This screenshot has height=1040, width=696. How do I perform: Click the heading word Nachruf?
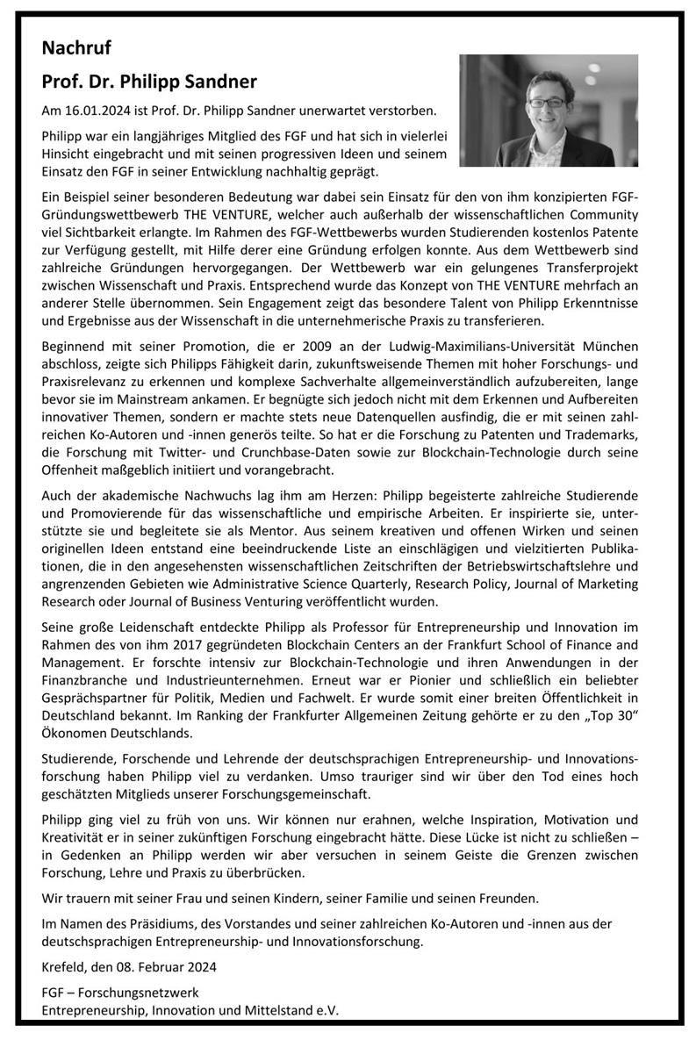[76, 48]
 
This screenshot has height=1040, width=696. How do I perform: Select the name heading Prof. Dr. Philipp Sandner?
[149, 82]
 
